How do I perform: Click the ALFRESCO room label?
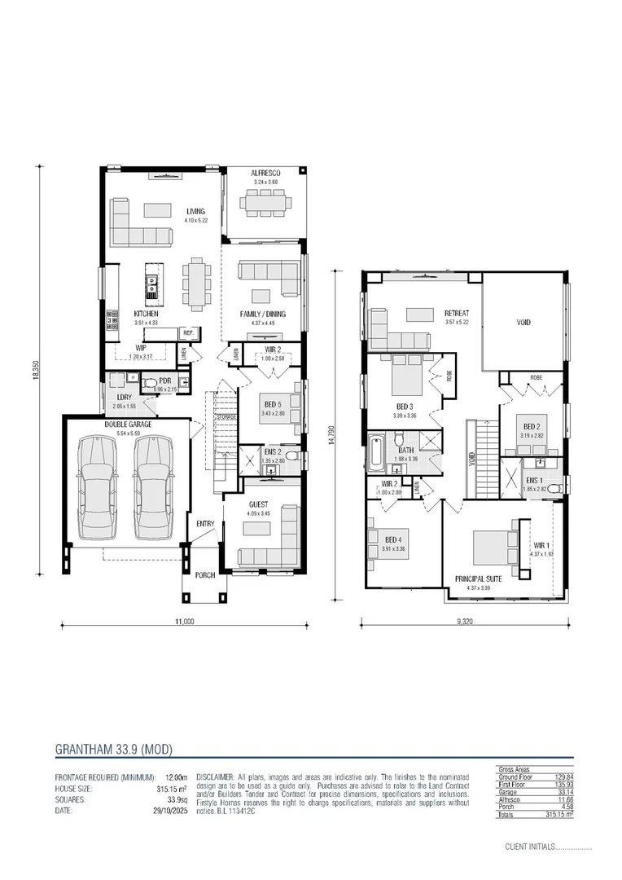[266, 174]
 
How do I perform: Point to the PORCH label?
[205, 574]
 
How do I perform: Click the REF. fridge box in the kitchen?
[187, 332]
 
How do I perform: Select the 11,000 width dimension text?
[185, 622]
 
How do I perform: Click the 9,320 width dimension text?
[466, 622]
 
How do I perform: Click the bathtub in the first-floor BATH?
[375, 454]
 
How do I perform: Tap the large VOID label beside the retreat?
[523, 323]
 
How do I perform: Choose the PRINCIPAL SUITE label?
[479, 579]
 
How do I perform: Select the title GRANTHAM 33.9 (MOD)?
[113, 748]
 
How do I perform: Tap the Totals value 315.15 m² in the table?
[559, 814]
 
